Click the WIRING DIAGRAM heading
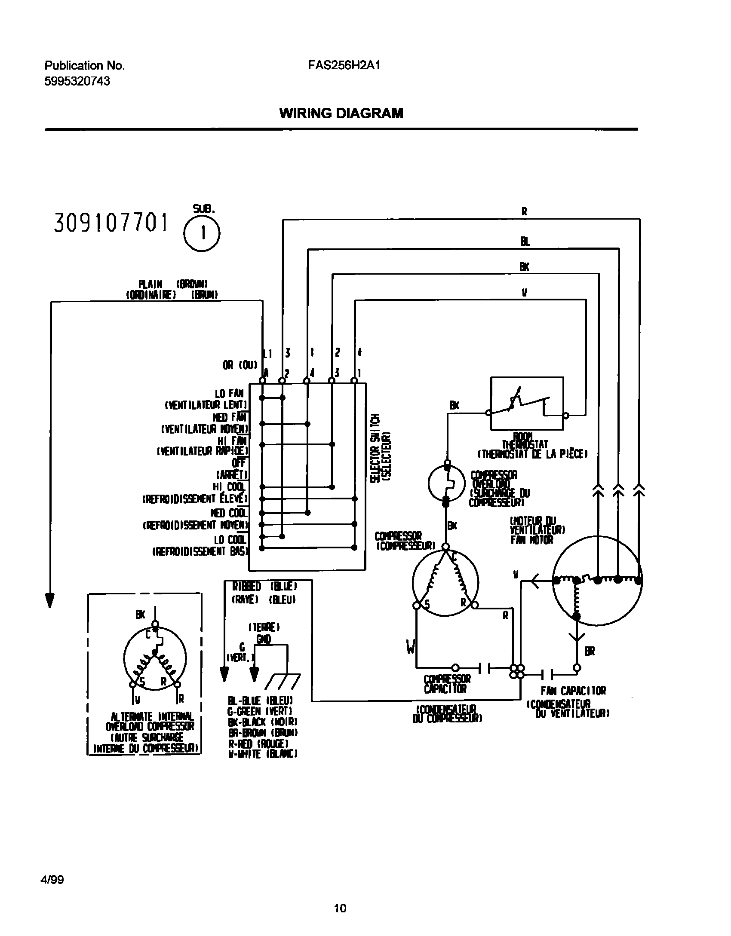[341, 113]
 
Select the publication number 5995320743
[77, 81]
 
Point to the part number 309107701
[111, 223]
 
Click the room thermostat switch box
[527, 403]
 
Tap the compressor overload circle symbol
[446, 483]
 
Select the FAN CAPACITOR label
[573, 691]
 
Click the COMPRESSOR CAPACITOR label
[447, 684]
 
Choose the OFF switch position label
[238, 463]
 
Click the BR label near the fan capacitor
[590, 652]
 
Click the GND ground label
[263, 639]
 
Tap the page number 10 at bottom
[340, 905]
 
